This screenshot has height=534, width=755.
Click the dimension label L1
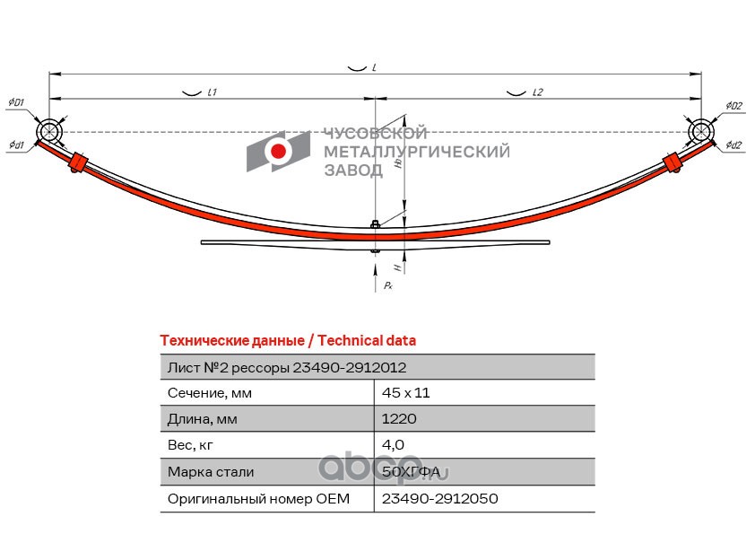[213, 92]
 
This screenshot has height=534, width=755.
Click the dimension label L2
[538, 92]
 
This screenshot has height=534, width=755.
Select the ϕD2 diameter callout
[733, 106]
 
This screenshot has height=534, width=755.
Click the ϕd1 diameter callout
[16, 144]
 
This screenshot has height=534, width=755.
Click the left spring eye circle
[49, 132]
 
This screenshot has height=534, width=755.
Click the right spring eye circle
[700, 132]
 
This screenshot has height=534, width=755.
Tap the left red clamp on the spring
[79, 164]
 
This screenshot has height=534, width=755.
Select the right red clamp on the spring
[672, 162]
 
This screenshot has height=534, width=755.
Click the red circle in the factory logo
[279, 151]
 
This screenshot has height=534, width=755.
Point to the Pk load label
[387, 285]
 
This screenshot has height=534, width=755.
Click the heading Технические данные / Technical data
[287, 341]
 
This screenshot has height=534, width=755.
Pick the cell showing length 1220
[398, 418]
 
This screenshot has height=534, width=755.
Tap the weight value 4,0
[394, 444]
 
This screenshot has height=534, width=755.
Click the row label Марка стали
[211, 471]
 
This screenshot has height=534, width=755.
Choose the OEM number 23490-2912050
[439, 498]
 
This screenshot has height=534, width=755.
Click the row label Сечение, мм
[210, 392]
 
